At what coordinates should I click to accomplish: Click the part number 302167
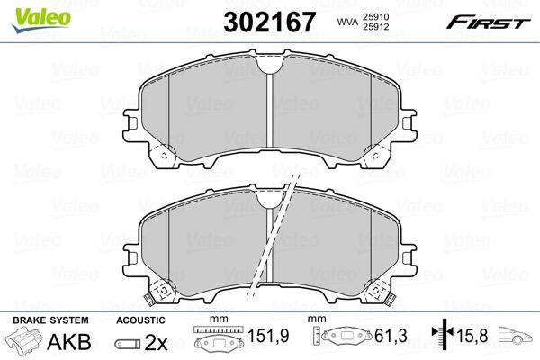pos(269,22)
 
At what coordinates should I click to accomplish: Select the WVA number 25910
pos(375,16)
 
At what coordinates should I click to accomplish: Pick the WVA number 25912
pos(375,26)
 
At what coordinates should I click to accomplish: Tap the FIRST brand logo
pos(488,22)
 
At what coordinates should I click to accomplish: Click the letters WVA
pos(346,22)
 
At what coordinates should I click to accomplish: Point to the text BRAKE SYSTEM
pos(50,320)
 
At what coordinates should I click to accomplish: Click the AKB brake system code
pos(69,342)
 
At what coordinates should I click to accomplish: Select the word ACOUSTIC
pos(140,320)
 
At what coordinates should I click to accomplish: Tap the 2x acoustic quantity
pos(156,342)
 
